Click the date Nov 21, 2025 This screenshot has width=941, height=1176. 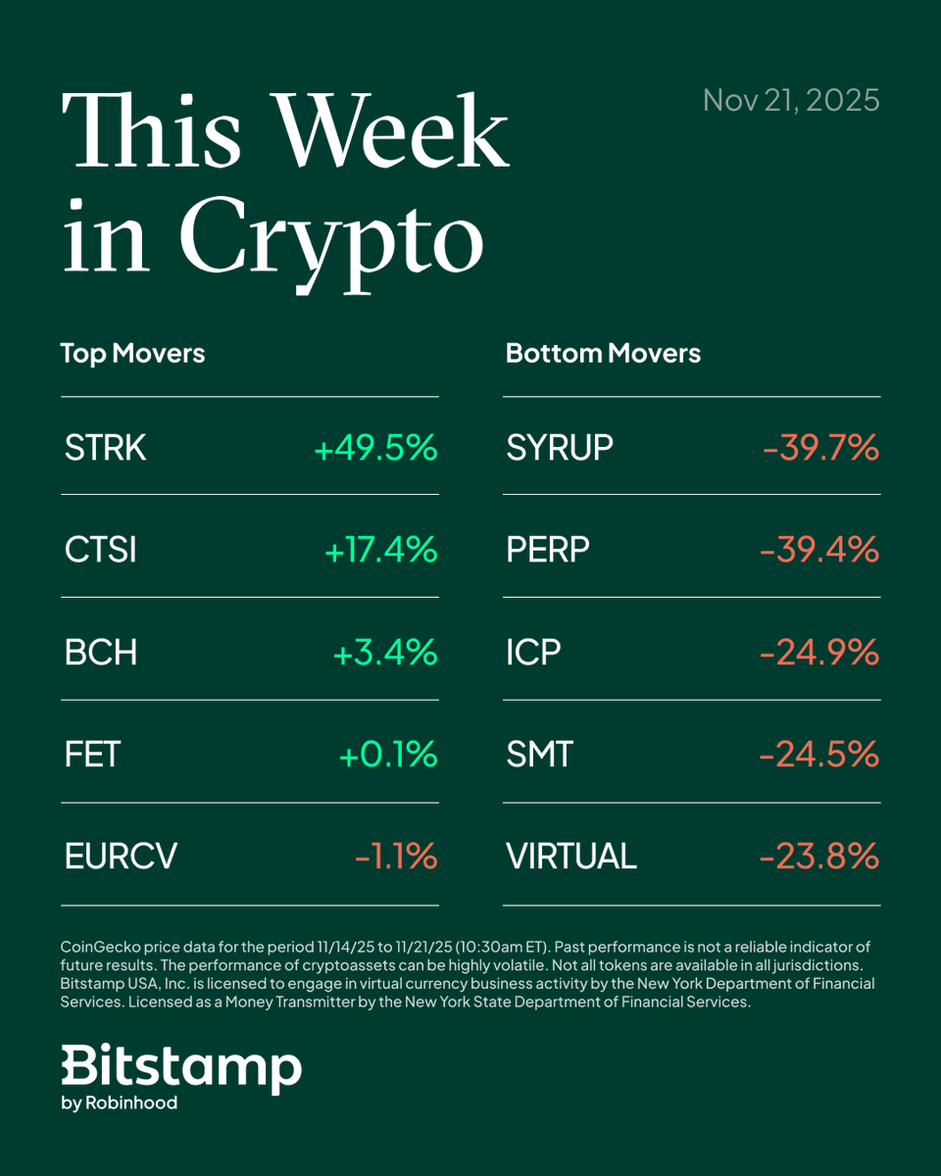point(791,100)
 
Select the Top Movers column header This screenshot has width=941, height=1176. point(132,353)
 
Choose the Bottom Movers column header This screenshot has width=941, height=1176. point(603,353)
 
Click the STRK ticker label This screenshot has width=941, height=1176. point(105,448)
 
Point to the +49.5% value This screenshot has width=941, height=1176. point(375,448)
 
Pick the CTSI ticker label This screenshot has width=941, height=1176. point(100,550)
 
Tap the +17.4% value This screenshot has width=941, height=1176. point(380,550)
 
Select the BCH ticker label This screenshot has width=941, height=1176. point(100,653)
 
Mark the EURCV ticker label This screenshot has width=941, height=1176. point(121,857)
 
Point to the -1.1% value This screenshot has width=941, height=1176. point(395,857)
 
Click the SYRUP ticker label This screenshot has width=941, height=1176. point(560,448)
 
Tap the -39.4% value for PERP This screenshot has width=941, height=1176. point(819,550)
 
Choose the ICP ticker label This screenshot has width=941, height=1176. point(533,653)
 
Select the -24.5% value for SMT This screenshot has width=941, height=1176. point(819,755)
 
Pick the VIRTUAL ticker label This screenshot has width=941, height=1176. point(571,857)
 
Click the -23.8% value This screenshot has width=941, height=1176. point(819,857)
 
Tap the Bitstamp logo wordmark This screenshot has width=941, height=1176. point(181,1067)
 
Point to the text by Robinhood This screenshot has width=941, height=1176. point(119,1102)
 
